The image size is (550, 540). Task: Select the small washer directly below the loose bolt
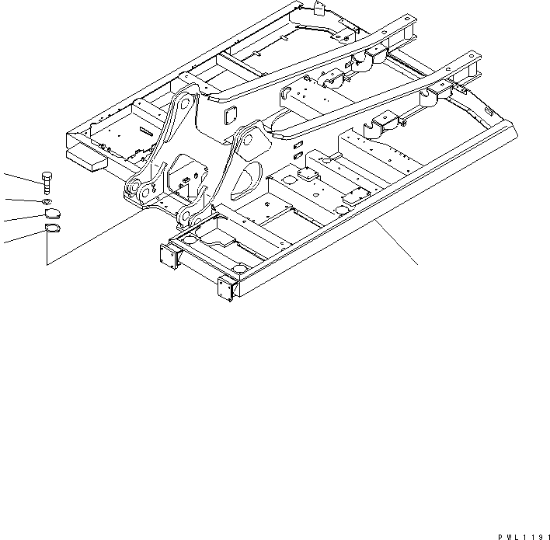(x=47, y=203)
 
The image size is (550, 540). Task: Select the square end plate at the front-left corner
(x=168, y=256)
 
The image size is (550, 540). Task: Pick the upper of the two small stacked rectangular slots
(x=298, y=145)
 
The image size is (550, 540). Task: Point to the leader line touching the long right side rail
(x=396, y=242)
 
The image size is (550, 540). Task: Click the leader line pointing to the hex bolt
(x=19, y=178)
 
